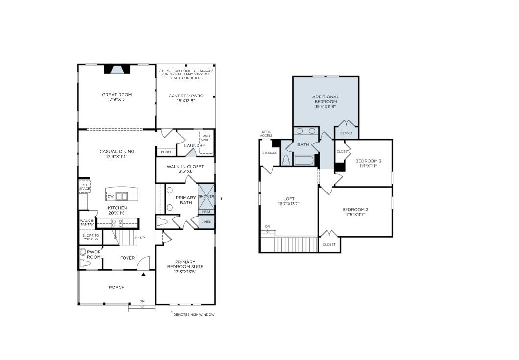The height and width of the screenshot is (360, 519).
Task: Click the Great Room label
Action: (117, 95)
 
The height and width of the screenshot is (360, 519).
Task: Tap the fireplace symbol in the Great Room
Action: (117, 70)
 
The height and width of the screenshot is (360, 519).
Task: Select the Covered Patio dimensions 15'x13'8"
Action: (186, 101)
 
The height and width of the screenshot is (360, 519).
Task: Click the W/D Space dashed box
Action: (206, 143)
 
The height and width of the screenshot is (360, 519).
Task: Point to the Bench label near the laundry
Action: (166, 152)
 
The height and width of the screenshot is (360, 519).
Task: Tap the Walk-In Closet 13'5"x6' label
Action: (185, 169)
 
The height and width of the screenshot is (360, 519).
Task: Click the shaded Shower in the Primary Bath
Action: (206, 196)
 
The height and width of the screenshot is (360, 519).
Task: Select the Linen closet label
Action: (206, 222)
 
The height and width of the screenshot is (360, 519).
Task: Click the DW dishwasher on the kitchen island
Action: (111, 196)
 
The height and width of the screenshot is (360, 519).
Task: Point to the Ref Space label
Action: (85, 187)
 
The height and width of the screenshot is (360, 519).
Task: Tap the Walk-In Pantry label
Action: (87, 223)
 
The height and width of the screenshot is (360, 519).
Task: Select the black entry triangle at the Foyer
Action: (143, 275)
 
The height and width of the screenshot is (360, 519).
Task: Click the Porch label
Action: (117, 287)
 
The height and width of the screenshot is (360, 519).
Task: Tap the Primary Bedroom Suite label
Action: (185, 267)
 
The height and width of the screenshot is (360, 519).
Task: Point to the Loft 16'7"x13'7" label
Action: (289, 200)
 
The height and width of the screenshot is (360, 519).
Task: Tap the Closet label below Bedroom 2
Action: (329, 244)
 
